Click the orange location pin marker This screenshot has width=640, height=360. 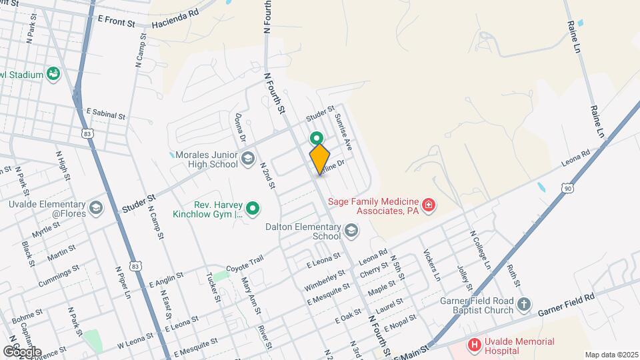pos(320,159)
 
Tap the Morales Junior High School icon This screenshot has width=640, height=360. pos(248,158)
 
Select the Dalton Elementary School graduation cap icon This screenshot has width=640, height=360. pos(351,231)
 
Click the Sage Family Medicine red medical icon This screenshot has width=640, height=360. pos(429,204)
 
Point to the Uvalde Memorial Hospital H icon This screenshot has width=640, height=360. pos(474,345)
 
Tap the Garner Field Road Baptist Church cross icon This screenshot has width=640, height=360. pos(524,305)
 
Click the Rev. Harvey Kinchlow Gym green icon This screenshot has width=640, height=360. pos(253,209)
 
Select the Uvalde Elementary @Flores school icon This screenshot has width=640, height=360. pos(95,209)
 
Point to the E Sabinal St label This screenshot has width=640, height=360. pos(105,115)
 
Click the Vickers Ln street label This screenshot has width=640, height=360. pos(432,265)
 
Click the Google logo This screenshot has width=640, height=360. pos(22,351)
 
